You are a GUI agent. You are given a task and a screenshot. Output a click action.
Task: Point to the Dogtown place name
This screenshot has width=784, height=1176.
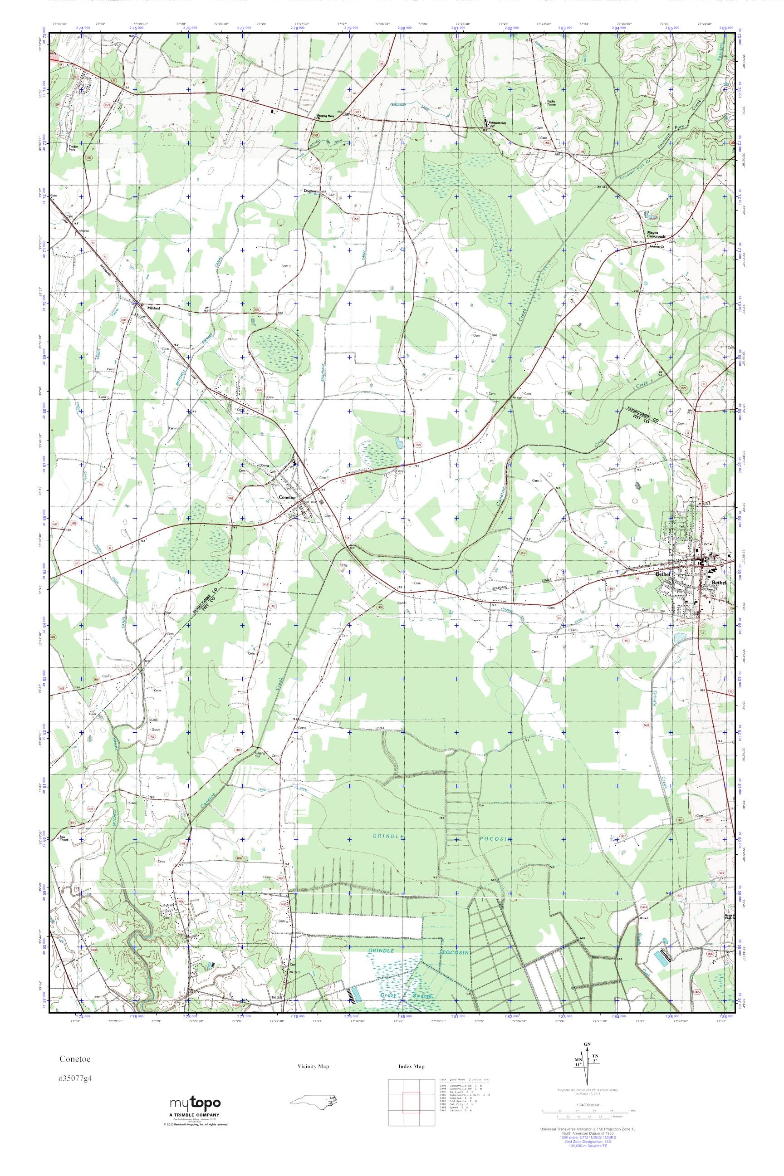[x=311, y=191]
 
